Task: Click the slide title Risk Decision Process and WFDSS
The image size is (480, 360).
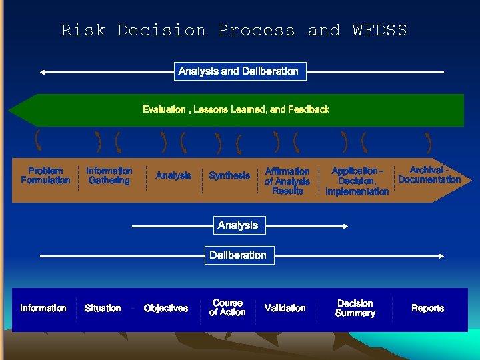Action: (x=234, y=31)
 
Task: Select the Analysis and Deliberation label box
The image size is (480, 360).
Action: (x=239, y=71)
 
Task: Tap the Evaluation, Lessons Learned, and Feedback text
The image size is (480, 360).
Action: (x=236, y=109)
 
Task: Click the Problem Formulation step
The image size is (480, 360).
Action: (x=45, y=175)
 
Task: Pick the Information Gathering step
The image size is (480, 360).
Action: (x=109, y=175)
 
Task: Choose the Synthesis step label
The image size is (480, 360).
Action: (x=229, y=176)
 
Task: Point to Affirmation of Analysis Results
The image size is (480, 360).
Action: (x=287, y=181)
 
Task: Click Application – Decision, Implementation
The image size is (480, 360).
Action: (x=357, y=181)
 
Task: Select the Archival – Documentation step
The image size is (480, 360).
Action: (x=429, y=175)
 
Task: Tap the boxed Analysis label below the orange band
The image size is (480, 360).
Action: (x=238, y=225)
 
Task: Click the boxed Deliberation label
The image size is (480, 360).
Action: (x=238, y=255)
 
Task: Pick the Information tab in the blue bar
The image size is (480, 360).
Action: (x=43, y=309)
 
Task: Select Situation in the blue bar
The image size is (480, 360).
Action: (x=103, y=309)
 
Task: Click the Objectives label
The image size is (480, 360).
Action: (x=166, y=309)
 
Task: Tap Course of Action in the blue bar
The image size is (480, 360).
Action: (x=227, y=308)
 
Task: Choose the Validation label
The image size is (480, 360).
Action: (x=285, y=309)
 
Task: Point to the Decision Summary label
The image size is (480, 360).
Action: (x=355, y=309)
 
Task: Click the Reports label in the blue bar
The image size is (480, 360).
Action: (x=428, y=309)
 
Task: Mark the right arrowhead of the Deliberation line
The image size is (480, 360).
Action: (x=442, y=255)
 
